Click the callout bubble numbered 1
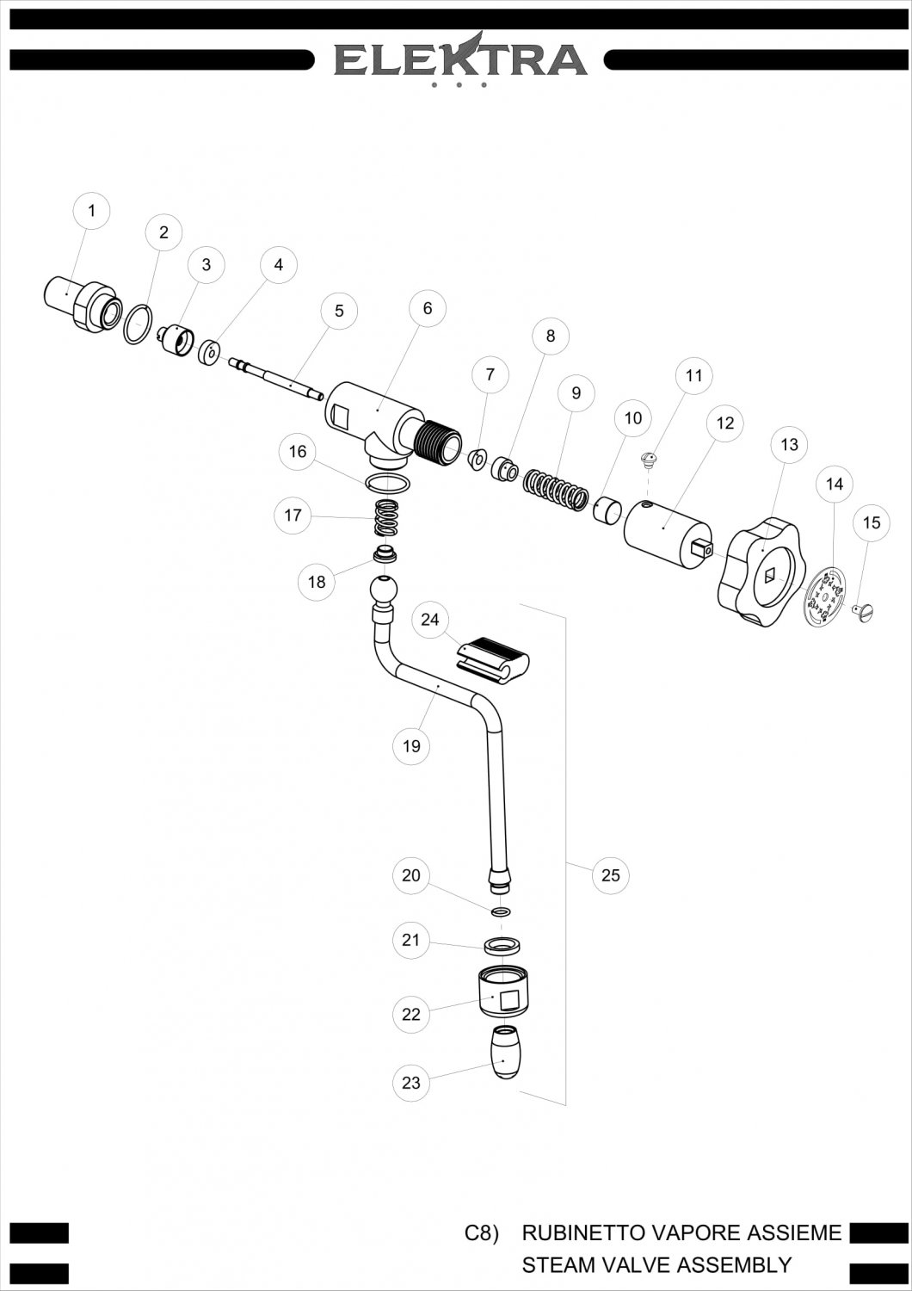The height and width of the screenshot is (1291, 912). coord(92,211)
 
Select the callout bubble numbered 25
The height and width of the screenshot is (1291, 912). coord(610,875)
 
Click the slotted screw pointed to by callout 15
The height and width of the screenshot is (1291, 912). coord(864,612)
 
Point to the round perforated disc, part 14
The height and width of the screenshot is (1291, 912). coord(825,594)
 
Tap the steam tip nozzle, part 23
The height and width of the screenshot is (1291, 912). coord(504,1052)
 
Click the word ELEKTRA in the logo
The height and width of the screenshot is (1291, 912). coord(460,59)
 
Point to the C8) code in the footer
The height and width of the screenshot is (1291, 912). coord(481,1232)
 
